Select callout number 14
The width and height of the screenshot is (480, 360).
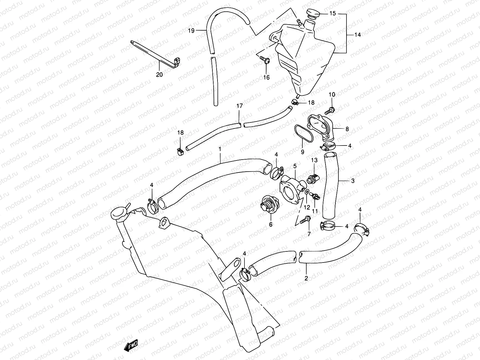pos(357,35)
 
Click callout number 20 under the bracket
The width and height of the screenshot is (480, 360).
pos(159,74)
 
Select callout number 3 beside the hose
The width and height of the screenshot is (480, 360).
pos(352,181)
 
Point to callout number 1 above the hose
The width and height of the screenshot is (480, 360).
pos(220,148)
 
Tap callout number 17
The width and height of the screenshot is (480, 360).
pos(239,106)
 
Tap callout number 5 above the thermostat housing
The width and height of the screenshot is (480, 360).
pos(295,166)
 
